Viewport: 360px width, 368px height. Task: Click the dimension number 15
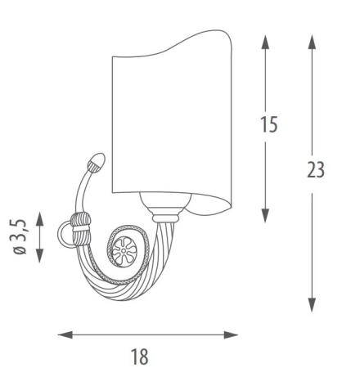pyautogui.click(x=269, y=124)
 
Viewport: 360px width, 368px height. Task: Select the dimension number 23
pyautogui.click(x=316, y=169)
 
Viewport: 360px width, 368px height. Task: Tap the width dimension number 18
pyautogui.click(x=140, y=357)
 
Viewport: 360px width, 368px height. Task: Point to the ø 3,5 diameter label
pyautogui.click(x=20, y=236)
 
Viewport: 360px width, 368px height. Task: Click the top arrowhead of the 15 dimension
pyautogui.click(x=265, y=43)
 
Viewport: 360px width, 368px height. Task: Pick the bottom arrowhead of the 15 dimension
pyautogui.click(x=265, y=216)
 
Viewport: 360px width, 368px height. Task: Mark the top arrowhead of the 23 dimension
pyautogui.click(x=312, y=43)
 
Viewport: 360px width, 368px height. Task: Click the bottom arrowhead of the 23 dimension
pyautogui.click(x=312, y=305)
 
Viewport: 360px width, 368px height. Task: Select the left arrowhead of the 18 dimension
pyautogui.click(x=65, y=334)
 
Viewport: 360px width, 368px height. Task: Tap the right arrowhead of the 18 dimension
pyautogui.click(x=231, y=334)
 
